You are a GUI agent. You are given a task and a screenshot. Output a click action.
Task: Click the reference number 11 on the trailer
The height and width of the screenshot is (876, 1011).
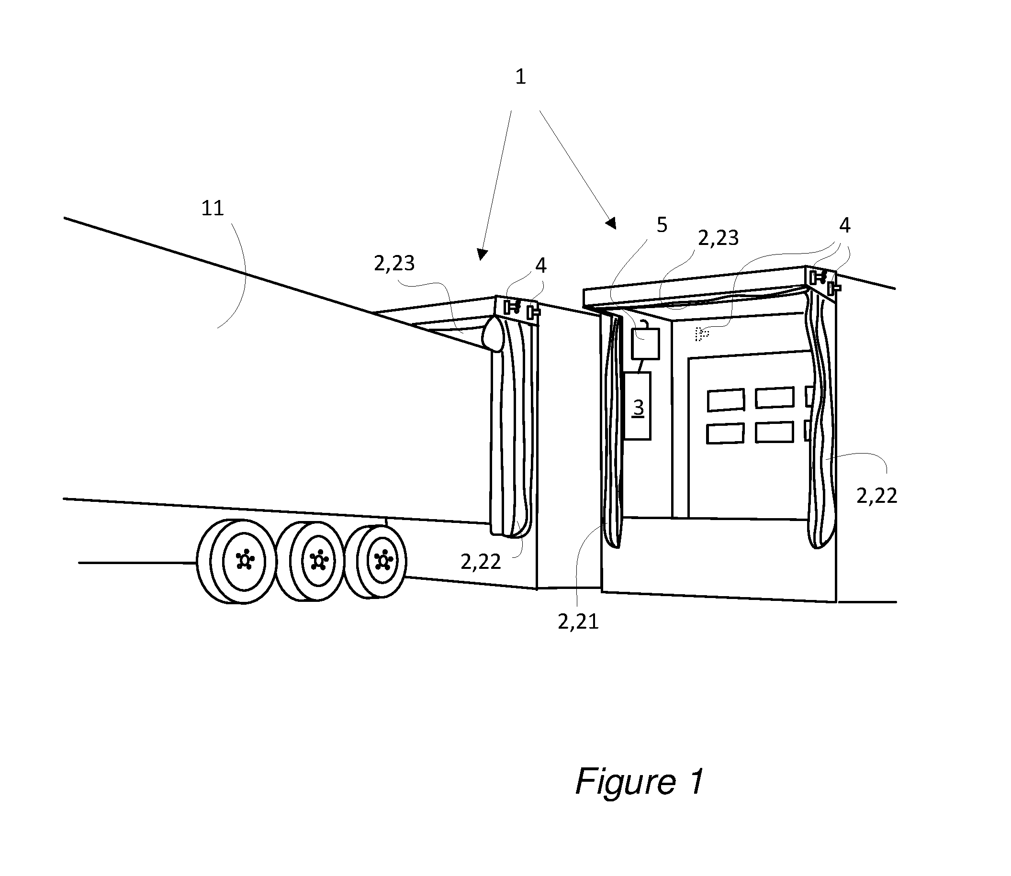click(x=212, y=209)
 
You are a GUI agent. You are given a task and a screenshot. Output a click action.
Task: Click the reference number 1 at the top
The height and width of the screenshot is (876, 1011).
click(x=520, y=77)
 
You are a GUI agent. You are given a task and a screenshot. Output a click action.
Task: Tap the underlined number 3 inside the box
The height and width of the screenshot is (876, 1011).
click(x=638, y=407)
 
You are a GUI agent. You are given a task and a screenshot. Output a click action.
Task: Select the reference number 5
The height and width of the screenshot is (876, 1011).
click(x=662, y=225)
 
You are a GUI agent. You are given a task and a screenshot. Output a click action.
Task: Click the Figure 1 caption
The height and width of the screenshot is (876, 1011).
click(x=640, y=781)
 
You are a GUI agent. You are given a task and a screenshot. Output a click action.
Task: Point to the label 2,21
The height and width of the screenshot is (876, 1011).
click(x=578, y=622)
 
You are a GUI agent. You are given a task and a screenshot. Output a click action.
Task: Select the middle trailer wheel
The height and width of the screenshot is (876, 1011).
click(x=310, y=561)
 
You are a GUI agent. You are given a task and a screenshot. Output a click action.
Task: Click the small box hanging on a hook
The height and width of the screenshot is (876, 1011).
click(x=645, y=344)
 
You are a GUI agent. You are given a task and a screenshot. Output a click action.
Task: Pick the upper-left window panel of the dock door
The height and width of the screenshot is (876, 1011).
click(x=726, y=400)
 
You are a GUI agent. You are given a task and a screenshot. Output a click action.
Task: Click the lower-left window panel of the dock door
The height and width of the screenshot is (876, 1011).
click(x=725, y=433)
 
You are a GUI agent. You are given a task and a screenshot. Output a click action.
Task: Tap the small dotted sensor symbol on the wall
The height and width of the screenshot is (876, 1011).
click(x=702, y=334)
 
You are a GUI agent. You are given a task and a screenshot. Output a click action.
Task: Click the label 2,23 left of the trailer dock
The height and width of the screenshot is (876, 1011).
click(x=394, y=264)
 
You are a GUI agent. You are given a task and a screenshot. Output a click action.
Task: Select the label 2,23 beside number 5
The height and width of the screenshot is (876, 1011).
click(x=718, y=238)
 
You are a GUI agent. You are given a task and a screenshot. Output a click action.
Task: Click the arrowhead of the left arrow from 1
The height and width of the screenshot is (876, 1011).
click(x=482, y=254)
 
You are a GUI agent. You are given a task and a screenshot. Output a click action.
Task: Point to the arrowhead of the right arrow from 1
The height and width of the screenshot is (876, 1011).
click(x=611, y=224)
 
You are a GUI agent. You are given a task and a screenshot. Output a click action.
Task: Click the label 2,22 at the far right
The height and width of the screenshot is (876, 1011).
click(x=876, y=497)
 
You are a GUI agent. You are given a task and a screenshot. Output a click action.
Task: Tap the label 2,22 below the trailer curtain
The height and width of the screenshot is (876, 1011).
click(x=481, y=563)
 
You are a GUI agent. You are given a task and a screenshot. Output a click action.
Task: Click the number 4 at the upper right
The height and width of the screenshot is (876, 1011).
click(x=845, y=225)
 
